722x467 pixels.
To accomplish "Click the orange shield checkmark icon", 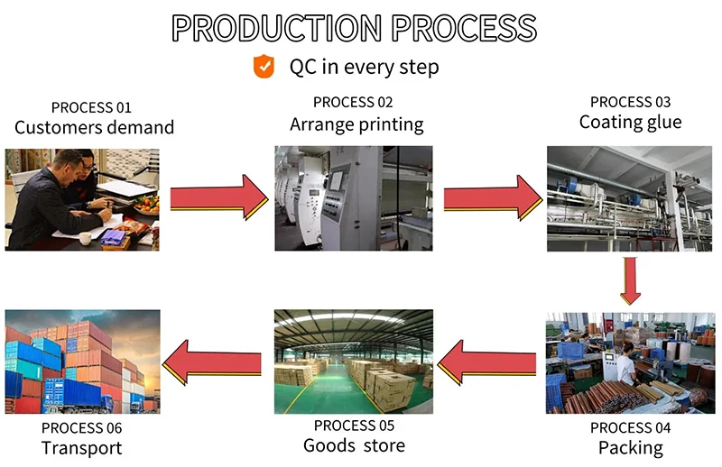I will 264,66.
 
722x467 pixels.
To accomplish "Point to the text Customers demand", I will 94,128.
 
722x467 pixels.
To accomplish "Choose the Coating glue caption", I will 630,122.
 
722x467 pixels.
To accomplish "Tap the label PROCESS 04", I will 630,427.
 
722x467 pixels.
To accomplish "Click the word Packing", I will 630,447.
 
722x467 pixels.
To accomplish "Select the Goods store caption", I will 354,445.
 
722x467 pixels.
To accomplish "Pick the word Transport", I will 81,447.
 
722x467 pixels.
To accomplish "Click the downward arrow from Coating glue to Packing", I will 631,281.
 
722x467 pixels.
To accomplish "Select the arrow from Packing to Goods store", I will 491,362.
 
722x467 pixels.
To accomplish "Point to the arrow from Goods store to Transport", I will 219,362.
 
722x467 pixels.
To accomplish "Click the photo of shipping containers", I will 82,360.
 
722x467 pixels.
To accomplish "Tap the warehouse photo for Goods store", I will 354,362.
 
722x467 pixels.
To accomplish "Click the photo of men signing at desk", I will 82,198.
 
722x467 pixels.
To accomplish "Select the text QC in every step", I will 364,67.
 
